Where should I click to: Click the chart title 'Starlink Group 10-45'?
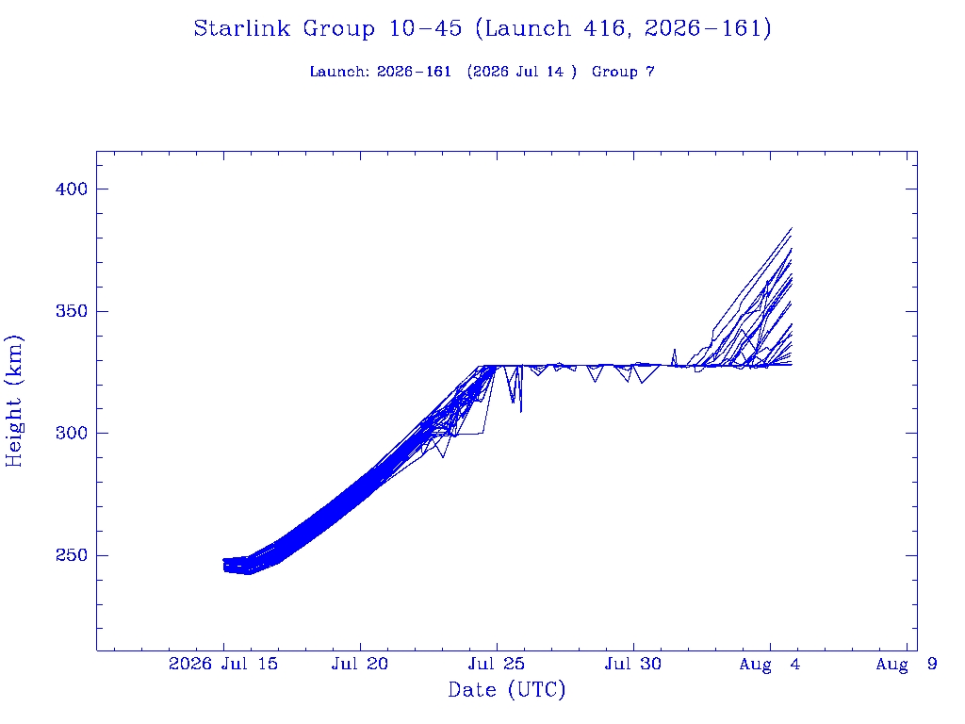(327, 29)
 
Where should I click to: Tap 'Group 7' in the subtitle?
(623, 72)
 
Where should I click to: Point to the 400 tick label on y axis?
(72, 189)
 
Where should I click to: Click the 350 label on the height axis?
(72, 311)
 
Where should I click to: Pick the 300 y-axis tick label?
(72, 434)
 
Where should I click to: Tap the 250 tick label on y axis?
(72, 555)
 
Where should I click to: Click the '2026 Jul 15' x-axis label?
(222, 664)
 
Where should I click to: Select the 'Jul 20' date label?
(360, 664)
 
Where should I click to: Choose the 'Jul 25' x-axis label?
(497, 664)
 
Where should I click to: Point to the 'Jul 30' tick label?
(633, 664)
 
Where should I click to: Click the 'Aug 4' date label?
(770, 665)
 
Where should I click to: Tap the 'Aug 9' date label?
(907, 665)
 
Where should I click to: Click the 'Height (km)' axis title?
(13, 402)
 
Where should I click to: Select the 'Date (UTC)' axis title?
(506, 690)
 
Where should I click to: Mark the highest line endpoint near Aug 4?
(792, 228)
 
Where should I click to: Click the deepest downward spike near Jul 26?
(520, 412)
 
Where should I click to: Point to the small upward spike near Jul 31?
(675, 350)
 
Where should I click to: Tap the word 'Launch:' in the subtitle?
(339, 72)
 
